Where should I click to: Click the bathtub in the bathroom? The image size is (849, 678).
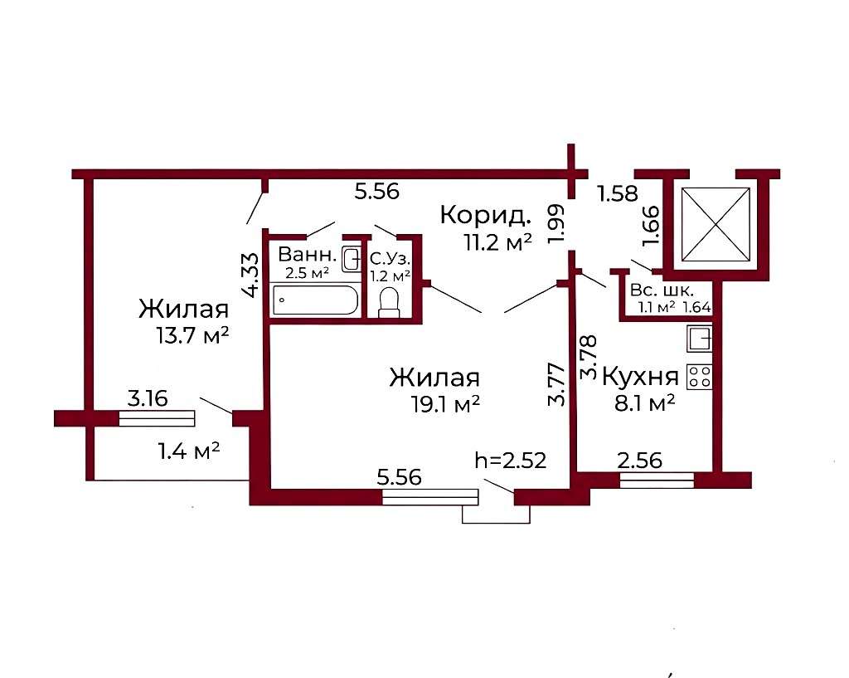point(315,300)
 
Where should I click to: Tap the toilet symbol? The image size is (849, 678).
point(388,302)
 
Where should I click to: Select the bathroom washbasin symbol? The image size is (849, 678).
point(352,259)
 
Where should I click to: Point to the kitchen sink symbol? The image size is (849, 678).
point(699,339)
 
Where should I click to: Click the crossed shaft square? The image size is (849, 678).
point(716,224)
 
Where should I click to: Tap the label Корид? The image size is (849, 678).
point(485,215)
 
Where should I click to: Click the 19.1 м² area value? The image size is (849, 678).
point(445,404)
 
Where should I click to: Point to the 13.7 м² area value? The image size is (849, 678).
point(192,335)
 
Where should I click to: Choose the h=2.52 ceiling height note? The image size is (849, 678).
point(510,461)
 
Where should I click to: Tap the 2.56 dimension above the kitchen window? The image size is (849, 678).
point(639,461)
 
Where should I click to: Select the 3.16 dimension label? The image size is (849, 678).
point(148,398)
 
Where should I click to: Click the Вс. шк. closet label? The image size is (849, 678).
point(661,290)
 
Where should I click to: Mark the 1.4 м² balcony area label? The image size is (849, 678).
point(188,451)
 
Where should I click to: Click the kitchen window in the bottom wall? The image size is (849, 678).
point(657,480)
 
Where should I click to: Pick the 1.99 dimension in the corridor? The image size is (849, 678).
point(556,223)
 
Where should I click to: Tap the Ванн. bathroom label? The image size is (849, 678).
point(307,254)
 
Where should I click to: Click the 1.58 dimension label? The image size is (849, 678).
point(617,193)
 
